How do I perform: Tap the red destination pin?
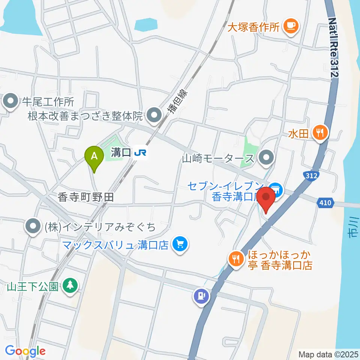(267, 198)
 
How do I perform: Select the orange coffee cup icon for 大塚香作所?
(291, 26)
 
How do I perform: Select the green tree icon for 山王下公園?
(70, 286)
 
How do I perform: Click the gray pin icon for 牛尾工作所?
(10, 101)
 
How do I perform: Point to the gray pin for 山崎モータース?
(267, 158)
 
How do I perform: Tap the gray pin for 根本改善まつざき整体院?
(153, 115)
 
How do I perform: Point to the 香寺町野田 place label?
(85, 198)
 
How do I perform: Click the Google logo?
(25, 351)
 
